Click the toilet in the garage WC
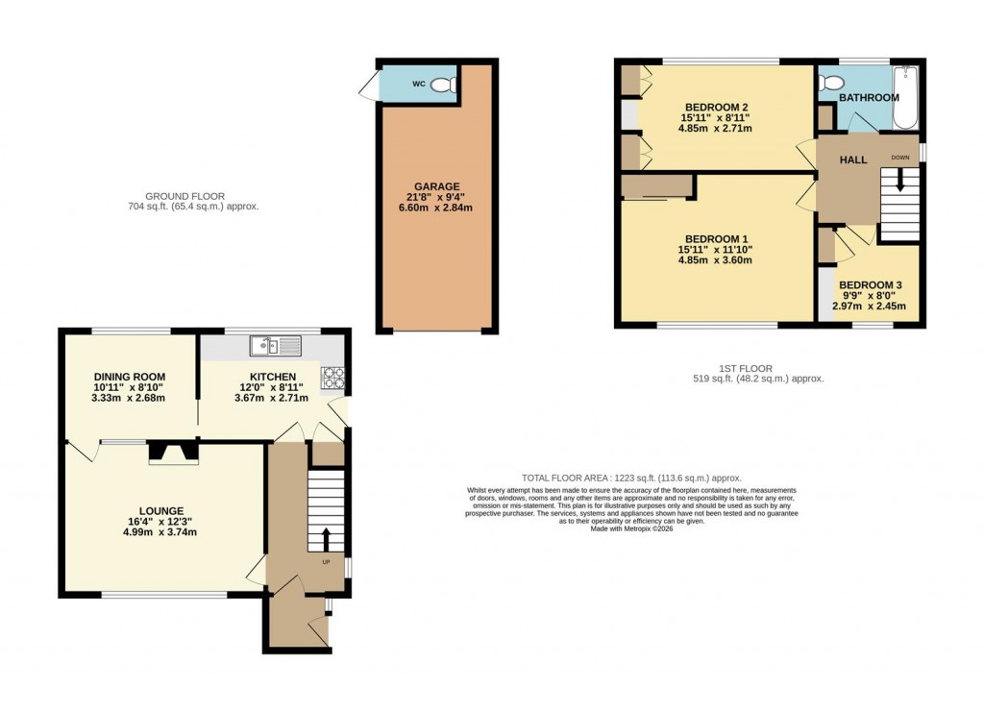[x=444, y=85]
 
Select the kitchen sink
[x=275, y=345]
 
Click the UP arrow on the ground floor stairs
[x=325, y=538]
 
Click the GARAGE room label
[x=437, y=186]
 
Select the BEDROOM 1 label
[x=715, y=238]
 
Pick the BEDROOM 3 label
[x=869, y=285]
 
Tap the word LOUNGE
[x=160, y=511]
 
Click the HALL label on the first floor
[x=852, y=160]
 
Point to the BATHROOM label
[x=869, y=98]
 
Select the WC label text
[x=418, y=85]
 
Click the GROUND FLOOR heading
[x=193, y=196]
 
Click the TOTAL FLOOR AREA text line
[x=631, y=478]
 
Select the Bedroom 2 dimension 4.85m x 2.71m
[x=716, y=128]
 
